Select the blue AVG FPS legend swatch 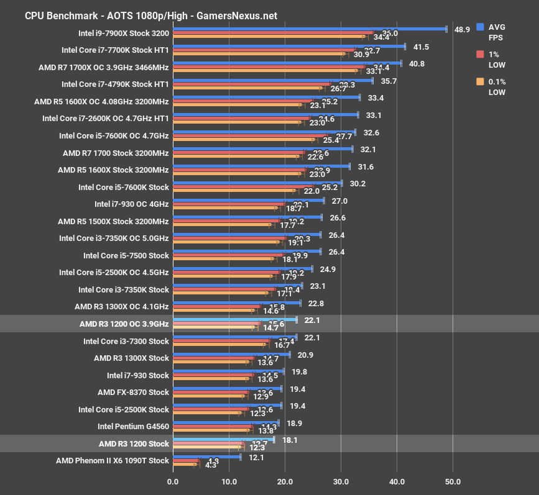point(480,27)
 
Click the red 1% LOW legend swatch point(480,54)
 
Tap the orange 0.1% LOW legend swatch point(480,81)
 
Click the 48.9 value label point(463,29)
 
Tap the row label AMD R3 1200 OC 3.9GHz point(124,324)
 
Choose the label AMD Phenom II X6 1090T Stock point(112,460)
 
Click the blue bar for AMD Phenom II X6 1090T point(206,456)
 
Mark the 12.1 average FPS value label point(256,457)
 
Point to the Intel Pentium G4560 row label point(133,426)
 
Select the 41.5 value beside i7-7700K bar point(421,47)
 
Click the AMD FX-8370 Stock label point(133,392)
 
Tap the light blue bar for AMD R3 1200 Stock point(223,439)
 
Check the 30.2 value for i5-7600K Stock point(357,183)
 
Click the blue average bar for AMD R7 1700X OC point(287,63)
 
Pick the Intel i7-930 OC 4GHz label point(131,204)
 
